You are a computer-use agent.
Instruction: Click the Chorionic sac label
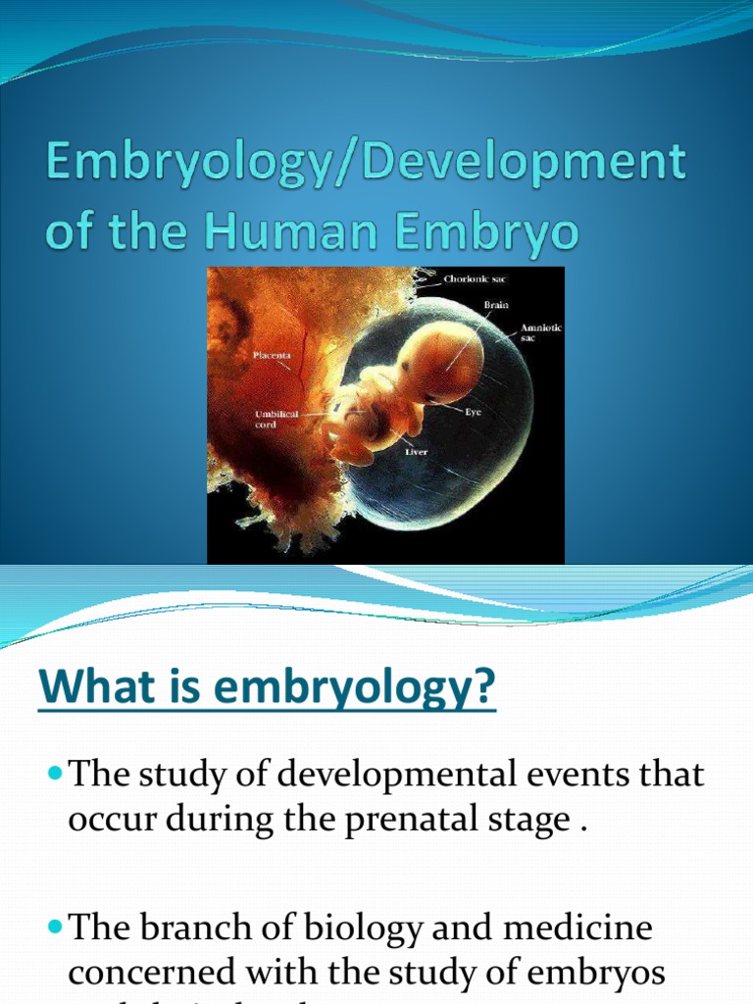tap(476, 279)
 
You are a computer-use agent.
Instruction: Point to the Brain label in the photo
tap(496, 305)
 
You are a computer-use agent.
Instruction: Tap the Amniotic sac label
tap(539, 332)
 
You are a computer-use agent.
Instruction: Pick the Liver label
tap(416, 452)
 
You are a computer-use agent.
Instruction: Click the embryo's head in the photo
tap(443, 361)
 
